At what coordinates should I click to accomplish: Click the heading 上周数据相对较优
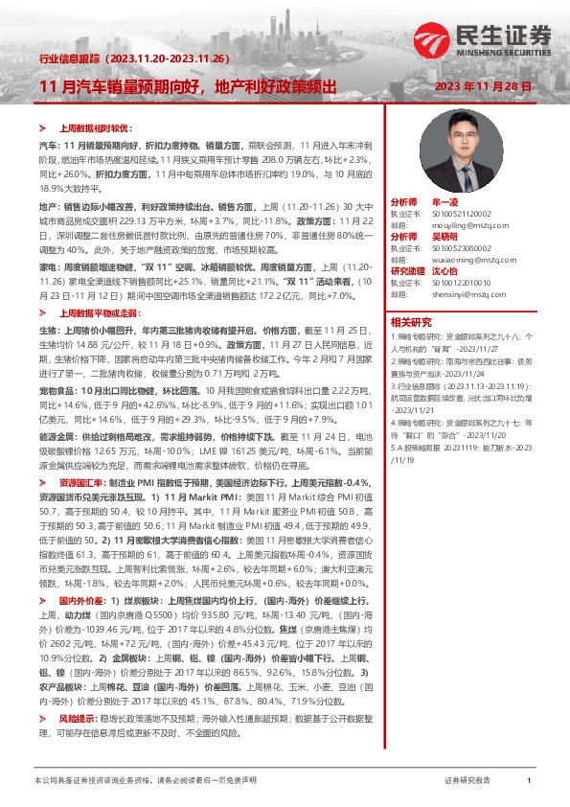point(90,127)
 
